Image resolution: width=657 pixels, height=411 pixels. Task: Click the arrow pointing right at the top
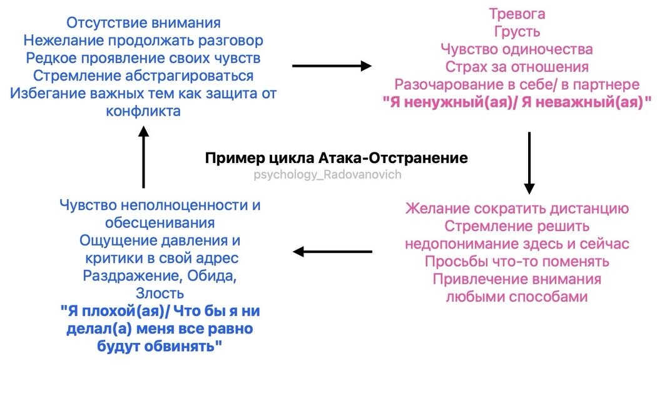click(x=332, y=66)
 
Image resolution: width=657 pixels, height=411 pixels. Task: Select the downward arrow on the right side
click(x=529, y=162)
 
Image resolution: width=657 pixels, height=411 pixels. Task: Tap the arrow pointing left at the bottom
click(x=332, y=252)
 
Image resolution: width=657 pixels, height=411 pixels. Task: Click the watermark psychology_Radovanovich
click(x=328, y=175)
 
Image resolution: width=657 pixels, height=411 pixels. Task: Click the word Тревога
click(x=517, y=14)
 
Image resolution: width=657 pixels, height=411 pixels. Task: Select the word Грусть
click(x=517, y=31)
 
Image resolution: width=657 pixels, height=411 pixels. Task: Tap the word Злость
click(x=160, y=293)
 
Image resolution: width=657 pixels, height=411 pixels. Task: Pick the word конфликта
click(x=144, y=111)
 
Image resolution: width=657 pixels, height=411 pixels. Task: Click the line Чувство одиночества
click(x=517, y=49)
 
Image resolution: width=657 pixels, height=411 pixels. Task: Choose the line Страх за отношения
click(x=517, y=66)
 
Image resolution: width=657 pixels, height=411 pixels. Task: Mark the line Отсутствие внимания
click(x=143, y=23)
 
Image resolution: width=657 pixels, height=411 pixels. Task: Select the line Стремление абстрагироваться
click(x=143, y=76)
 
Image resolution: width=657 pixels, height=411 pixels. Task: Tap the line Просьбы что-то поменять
click(x=517, y=261)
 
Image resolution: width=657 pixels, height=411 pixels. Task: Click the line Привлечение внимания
click(x=517, y=279)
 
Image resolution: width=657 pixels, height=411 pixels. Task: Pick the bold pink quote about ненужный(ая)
click(x=517, y=102)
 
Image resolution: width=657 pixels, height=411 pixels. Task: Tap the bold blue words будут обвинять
click(x=160, y=346)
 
